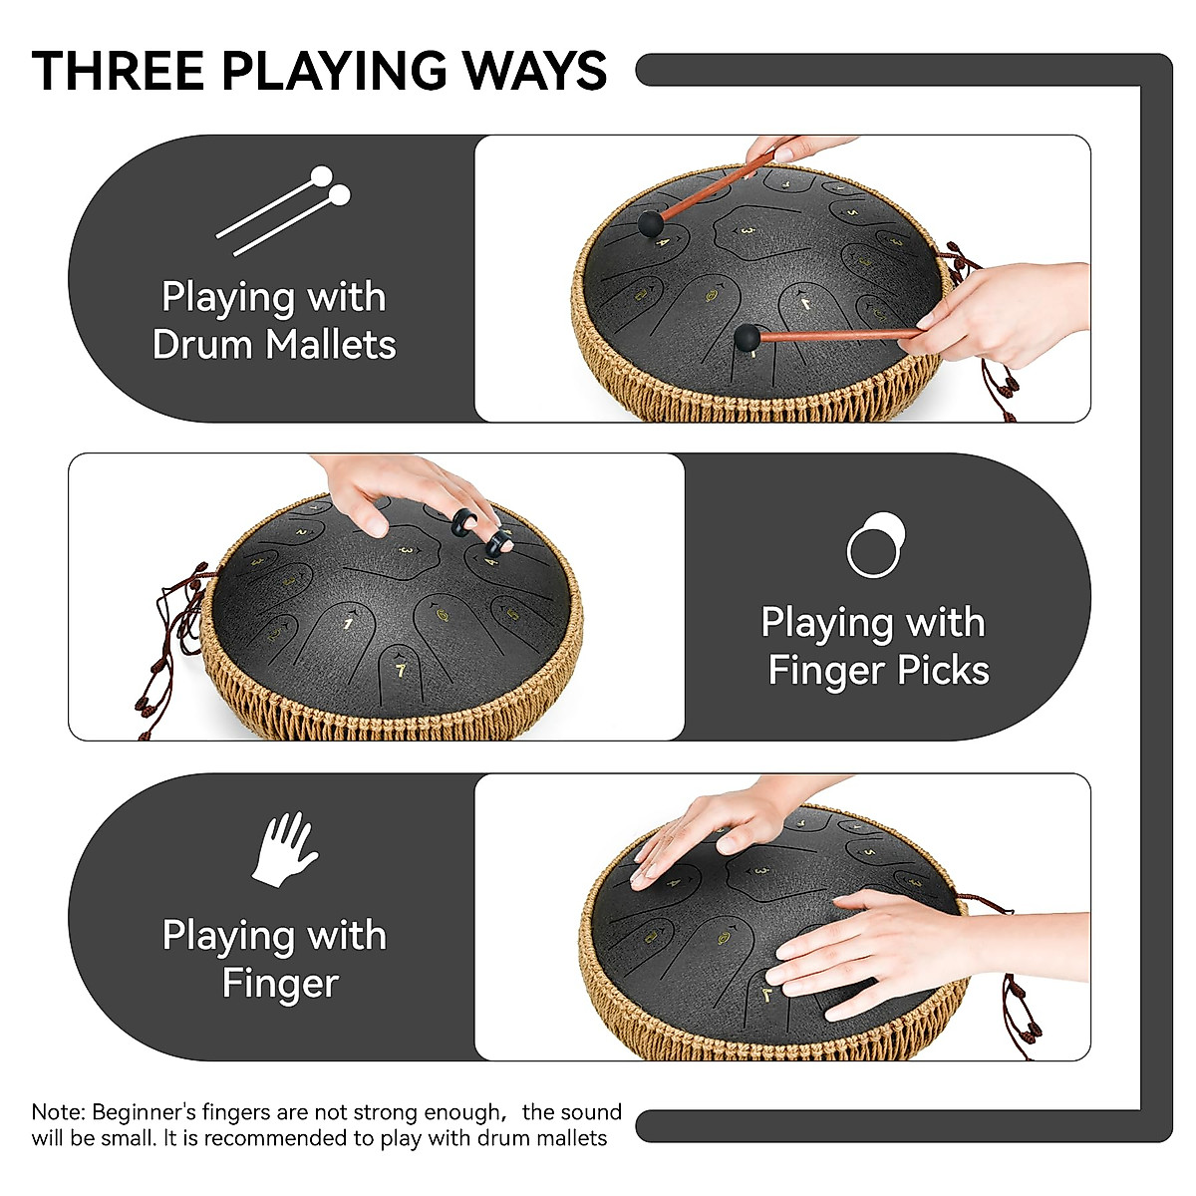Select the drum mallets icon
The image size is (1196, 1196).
pyautogui.click(x=285, y=210)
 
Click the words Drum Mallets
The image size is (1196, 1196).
pyautogui.click(x=274, y=345)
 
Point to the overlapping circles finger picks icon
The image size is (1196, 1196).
pyautogui.click(x=876, y=544)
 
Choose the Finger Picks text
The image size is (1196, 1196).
pyautogui.click(x=878, y=670)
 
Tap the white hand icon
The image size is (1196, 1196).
pyautogui.click(x=284, y=849)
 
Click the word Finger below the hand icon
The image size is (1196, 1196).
pyautogui.click(x=280, y=983)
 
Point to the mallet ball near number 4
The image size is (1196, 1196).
pyautogui.click(x=649, y=221)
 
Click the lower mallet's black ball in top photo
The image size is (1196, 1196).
pyautogui.click(x=746, y=337)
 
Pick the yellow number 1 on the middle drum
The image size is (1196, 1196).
pyautogui.click(x=348, y=624)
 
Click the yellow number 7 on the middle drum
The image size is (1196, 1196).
pyautogui.click(x=401, y=671)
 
